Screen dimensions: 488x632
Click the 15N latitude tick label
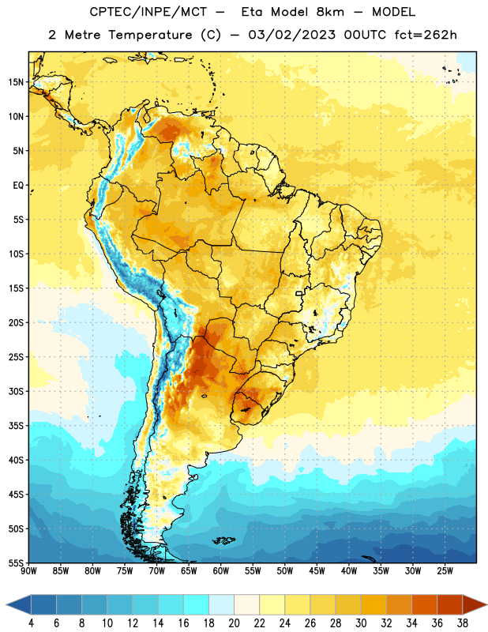[x=16, y=82]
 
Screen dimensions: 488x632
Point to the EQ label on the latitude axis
[x=18, y=186]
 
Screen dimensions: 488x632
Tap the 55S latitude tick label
[x=16, y=562]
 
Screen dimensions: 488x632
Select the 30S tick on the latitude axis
[x=16, y=391]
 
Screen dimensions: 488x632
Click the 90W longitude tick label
[x=28, y=570]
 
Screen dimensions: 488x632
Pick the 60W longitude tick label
[x=220, y=570]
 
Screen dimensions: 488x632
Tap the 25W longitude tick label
[x=445, y=570]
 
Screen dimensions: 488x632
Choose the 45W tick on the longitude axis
[x=317, y=570]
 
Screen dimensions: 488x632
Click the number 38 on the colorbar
[x=463, y=623]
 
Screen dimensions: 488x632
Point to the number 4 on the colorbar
[x=31, y=623]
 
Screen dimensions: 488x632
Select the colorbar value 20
[x=234, y=623]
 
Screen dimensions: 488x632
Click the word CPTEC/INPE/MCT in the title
[x=148, y=12]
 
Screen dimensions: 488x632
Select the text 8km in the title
[x=330, y=12]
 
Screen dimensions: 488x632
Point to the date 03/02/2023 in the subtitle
[x=291, y=35]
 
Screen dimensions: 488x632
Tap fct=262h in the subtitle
[x=426, y=35]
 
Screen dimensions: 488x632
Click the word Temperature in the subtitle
[x=150, y=35]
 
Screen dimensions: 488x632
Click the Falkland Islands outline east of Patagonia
[x=223, y=540]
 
